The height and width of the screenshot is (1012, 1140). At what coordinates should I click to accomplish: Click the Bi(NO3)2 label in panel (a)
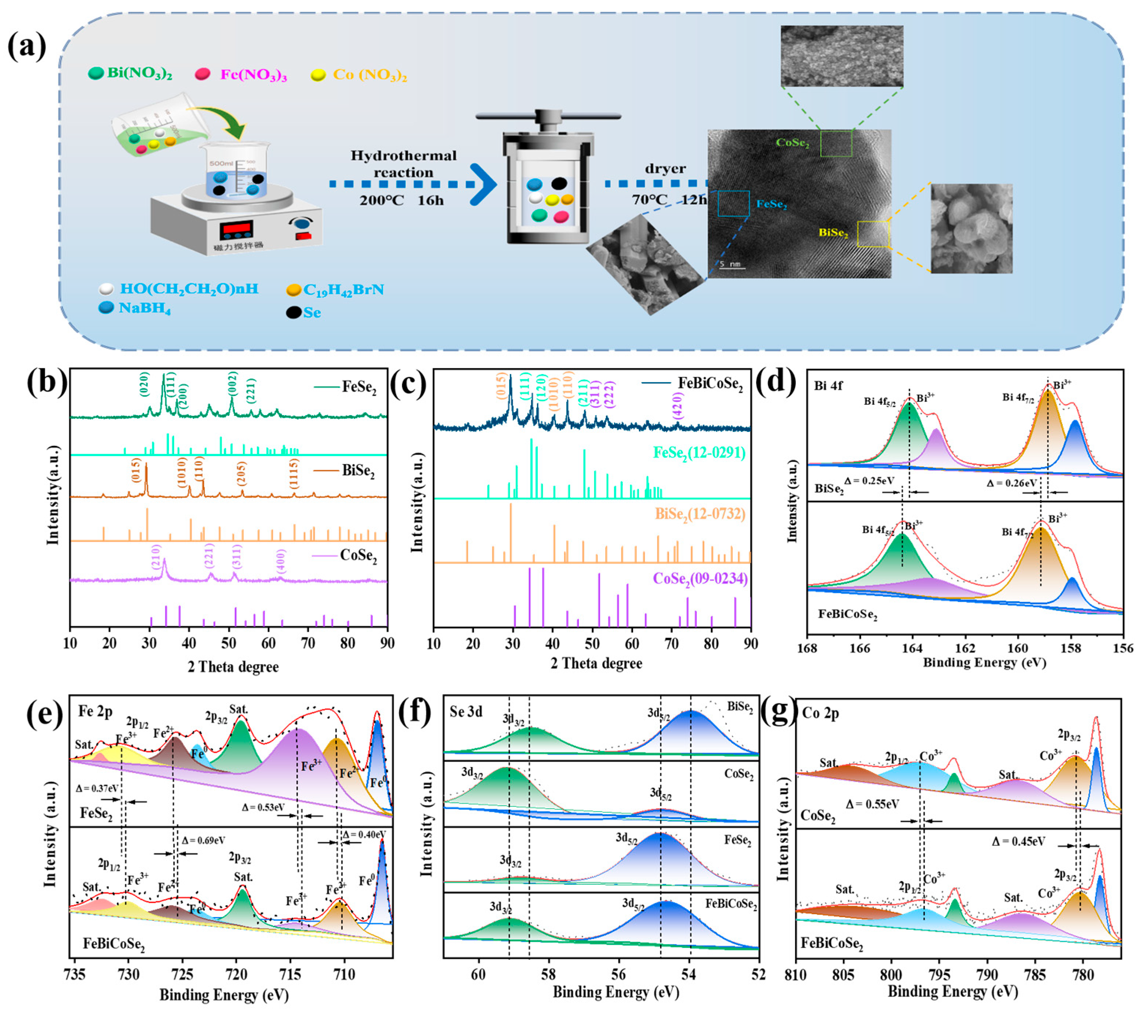coord(139,74)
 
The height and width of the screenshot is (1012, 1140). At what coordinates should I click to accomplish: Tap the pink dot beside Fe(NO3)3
coord(202,74)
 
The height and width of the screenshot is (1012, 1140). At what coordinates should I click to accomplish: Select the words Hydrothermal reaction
coord(403,164)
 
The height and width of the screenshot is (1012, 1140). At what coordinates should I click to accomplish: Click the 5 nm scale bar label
coord(729,263)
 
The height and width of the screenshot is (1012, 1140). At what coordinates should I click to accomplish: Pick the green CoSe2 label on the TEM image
coord(793,143)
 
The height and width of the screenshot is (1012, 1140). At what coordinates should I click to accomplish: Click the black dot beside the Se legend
coord(294,312)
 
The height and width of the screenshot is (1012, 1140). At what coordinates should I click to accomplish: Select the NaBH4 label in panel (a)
coord(144,308)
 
